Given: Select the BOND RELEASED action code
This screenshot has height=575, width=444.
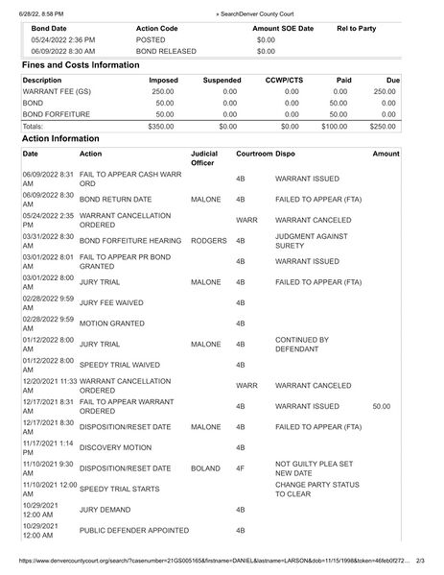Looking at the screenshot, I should pyautogui.click(x=166, y=51).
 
